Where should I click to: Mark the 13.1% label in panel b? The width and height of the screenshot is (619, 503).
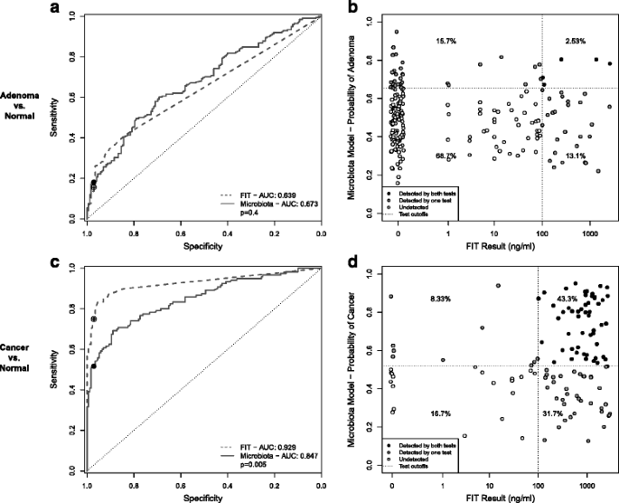[x=576, y=156]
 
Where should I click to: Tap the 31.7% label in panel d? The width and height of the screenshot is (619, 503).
[x=552, y=413]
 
